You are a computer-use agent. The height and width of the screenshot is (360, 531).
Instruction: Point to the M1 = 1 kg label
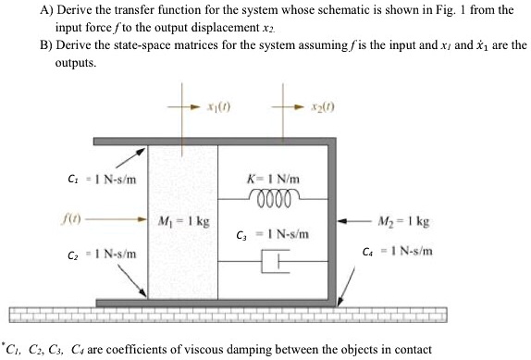click(183, 223)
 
